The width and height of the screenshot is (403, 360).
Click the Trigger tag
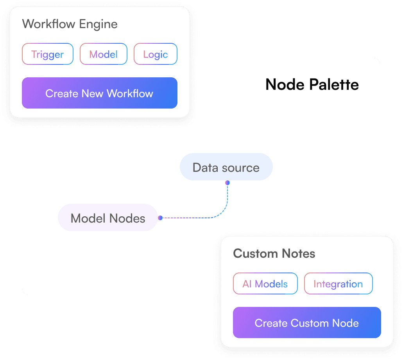(47, 54)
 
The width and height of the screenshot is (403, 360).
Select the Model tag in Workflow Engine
(103, 54)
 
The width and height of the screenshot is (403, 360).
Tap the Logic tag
(155, 54)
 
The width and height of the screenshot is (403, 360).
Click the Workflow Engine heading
(70, 24)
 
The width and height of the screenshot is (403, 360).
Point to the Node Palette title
(312, 84)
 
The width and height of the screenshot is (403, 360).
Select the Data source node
(226, 167)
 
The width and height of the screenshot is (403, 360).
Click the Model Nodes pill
(107, 218)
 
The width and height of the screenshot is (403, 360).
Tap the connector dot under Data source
(227, 183)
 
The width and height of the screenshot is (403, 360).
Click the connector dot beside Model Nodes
(160, 218)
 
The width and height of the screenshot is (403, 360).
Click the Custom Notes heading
(274, 253)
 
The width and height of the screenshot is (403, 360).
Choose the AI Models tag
(265, 284)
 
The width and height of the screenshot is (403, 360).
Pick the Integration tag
(338, 284)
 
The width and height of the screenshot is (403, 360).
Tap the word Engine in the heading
(98, 24)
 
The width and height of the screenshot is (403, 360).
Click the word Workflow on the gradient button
(130, 93)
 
